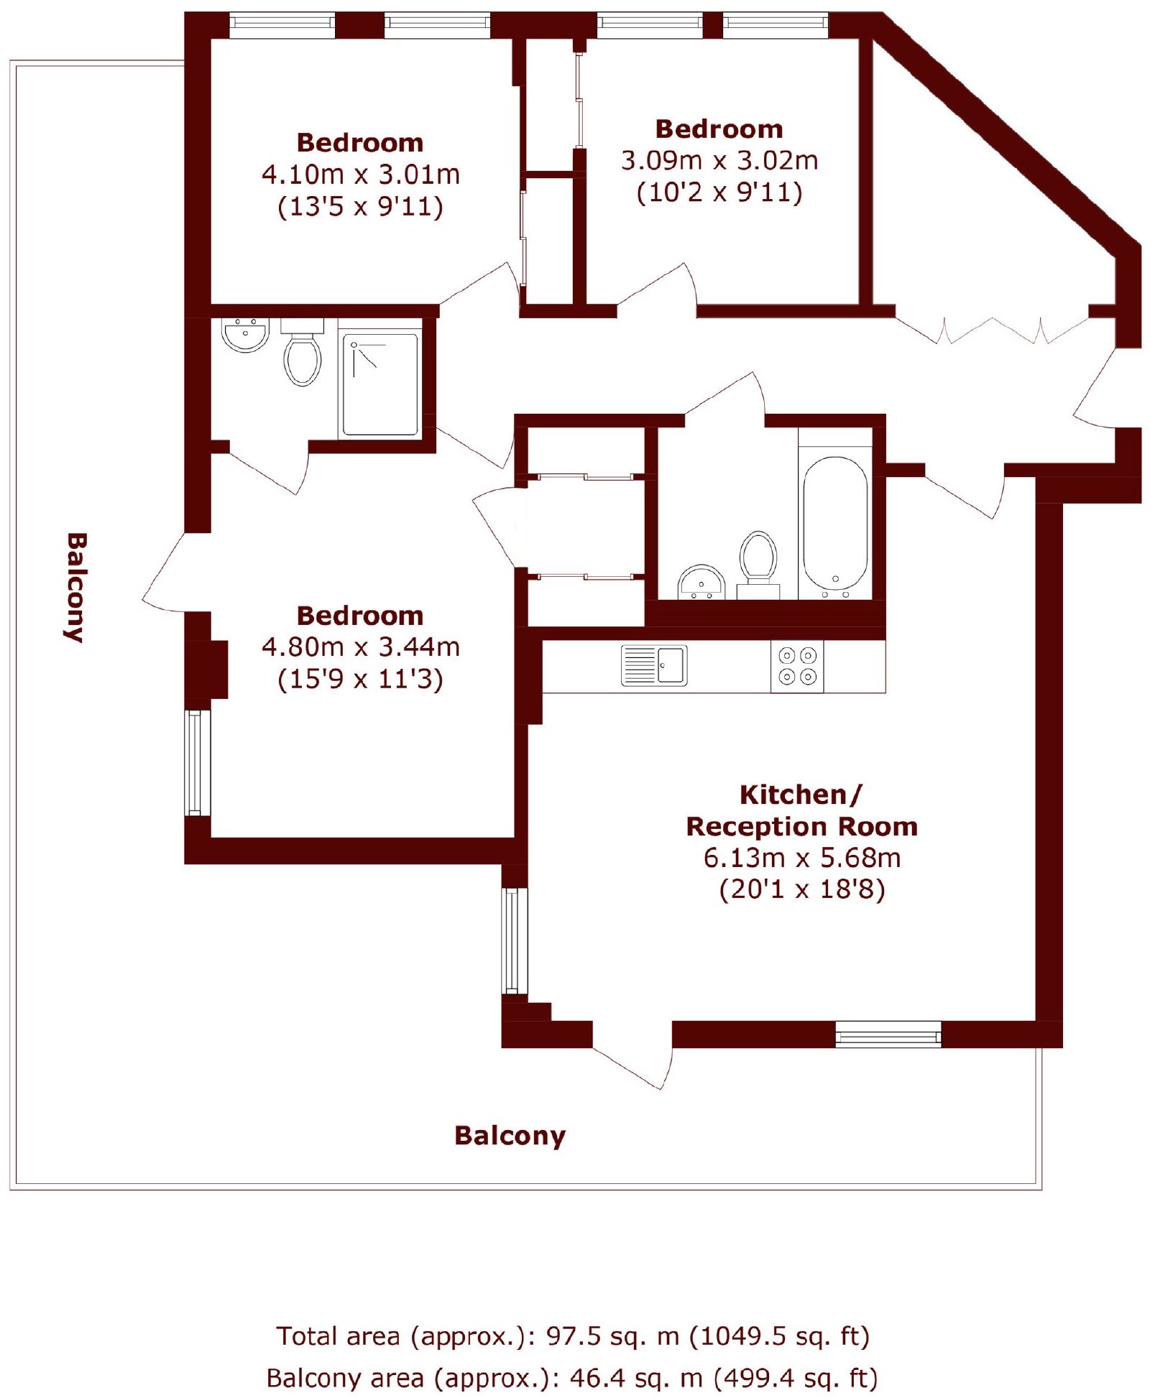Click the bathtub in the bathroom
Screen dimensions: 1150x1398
pos(834,524)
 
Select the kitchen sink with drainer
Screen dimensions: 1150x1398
pos(653,665)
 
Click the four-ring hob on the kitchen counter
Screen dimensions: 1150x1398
pos(797,665)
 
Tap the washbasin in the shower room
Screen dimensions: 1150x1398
pos(245,335)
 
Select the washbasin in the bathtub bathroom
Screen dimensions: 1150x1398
pos(701,583)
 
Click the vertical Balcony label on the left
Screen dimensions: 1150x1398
pos(75,587)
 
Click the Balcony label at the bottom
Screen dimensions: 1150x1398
pos(510,1137)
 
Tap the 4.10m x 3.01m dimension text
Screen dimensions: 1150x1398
pos(360,175)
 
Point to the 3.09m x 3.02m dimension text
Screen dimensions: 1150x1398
pos(719,160)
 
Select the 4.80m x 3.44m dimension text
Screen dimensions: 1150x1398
pos(360,647)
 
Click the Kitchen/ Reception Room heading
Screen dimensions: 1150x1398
pos(801,810)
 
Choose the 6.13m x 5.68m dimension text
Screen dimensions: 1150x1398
pos(801,858)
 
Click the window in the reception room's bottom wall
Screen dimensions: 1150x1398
pos(888,1034)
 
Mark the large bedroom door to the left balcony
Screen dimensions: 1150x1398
pos(176,573)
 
